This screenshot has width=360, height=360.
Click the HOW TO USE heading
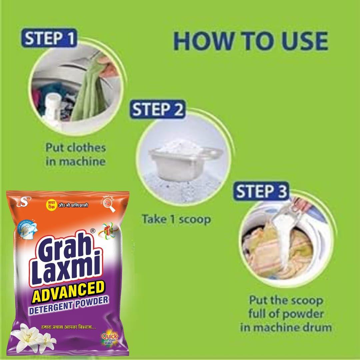[x=250, y=42]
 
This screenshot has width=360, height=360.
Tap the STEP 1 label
[x=50, y=38]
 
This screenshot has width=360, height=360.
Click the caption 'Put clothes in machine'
[x=75, y=154]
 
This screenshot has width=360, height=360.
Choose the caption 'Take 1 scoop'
[x=176, y=219]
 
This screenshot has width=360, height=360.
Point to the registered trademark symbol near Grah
[x=93, y=230]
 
